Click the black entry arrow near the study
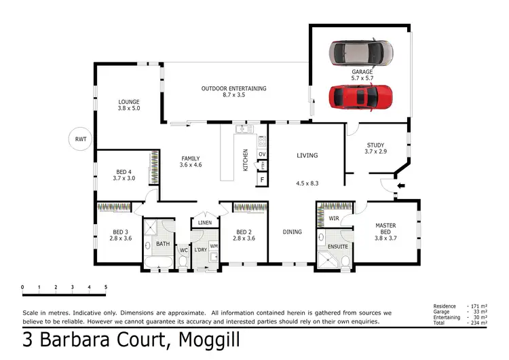(x=400, y=185)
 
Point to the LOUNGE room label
(x=128, y=103)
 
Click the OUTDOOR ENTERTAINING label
(x=233, y=88)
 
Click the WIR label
(x=334, y=219)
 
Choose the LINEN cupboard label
(x=204, y=223)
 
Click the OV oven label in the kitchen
(x=261, y=154)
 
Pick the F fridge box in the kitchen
(x=262, y=180)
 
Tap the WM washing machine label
(x=214, y=245)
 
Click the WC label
(x=183, y=250)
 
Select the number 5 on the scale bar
(x=106, y=287)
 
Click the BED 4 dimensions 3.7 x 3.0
(x=124, y=178)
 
